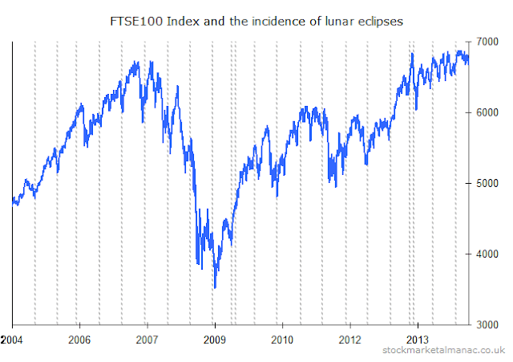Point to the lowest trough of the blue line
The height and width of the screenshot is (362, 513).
(214, 287)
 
